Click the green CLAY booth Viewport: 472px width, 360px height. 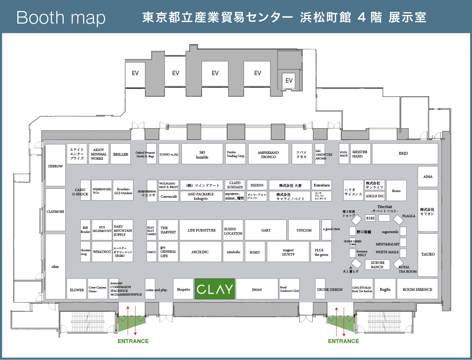215,289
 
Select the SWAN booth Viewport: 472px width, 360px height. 257,289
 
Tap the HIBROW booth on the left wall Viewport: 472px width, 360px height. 56,166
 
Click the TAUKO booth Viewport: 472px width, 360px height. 428,254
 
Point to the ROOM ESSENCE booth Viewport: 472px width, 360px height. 417,289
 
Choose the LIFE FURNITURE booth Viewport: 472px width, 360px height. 201,230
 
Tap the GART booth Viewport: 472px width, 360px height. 266,230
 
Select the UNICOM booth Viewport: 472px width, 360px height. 304,230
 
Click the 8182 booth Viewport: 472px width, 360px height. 370,218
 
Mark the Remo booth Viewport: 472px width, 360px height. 396,191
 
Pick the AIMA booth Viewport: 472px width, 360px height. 428,177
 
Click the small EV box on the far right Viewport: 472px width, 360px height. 289,81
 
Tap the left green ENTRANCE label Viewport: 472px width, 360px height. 133,341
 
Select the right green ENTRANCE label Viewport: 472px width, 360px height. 343,341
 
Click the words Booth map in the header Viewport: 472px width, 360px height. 61,18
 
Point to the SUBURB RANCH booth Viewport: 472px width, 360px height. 377,264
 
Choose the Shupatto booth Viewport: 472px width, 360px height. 183,289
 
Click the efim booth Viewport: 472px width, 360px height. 56,266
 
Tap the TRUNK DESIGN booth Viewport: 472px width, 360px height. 330,289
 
